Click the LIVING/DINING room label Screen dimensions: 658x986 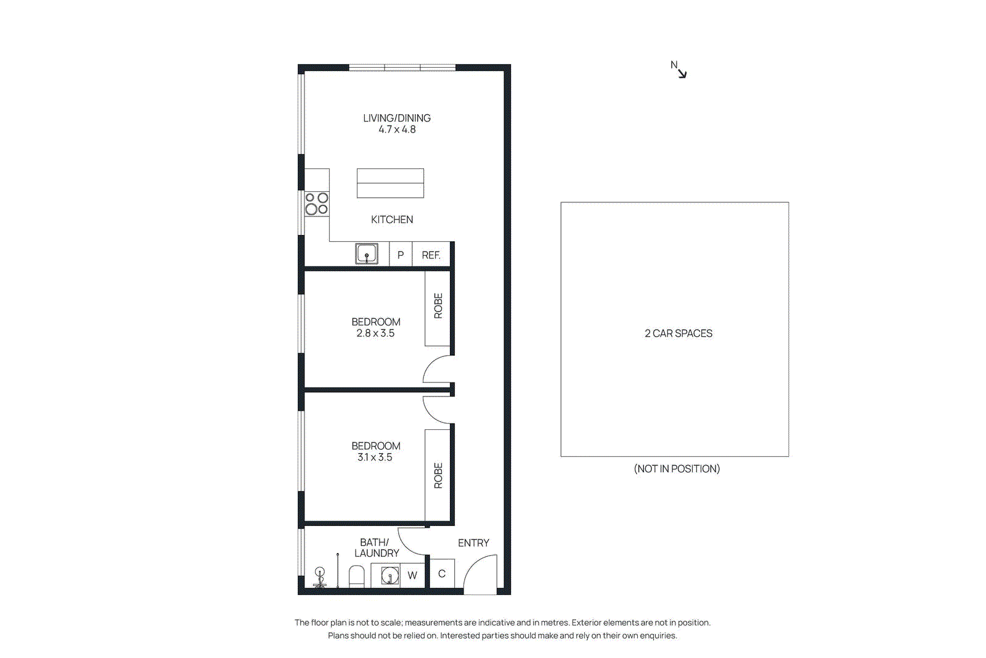pyautogui.click(x=396, y=118)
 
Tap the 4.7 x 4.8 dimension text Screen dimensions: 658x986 pyautogui.click(x=396, y=130)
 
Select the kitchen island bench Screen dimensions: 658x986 pyautogui.click(x=390, y=183)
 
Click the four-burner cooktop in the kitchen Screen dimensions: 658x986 pyautogui.click(x=317, y=204)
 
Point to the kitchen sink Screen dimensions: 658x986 pyautogui.click(x=367, y=254)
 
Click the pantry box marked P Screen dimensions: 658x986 pyautogui.click(x=401, y=255)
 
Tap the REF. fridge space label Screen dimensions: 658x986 pyautogui.click(x=431, y=255)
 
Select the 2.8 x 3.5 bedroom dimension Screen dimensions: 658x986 pyautogui.click(x=375, y=333)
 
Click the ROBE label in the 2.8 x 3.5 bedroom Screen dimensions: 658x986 pyautogui.click(x=438, y=306)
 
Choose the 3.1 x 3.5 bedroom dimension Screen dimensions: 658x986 pyautogui.click(x=375, y=457)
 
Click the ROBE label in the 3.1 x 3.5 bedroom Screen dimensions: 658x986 pyautogui.click(x=438, y=475)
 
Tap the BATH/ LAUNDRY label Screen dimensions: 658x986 pyautogui.click(x=376, y=548)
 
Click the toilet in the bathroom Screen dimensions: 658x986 pyautogui.click(x=357, y=577)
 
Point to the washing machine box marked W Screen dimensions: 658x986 pyautogui.click(x=412, y=575)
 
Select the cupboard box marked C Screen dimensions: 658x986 pyautogui.click(x=441, y=574)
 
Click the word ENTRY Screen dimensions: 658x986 pyautogui.click(x=473, y=543)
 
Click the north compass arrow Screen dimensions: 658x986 pyautogui.click(x=680, y=72)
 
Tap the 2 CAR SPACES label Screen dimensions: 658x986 pyautogui.click(x=678, y=333)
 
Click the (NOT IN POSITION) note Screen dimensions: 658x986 pyautogui.click(x=677, y=469)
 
